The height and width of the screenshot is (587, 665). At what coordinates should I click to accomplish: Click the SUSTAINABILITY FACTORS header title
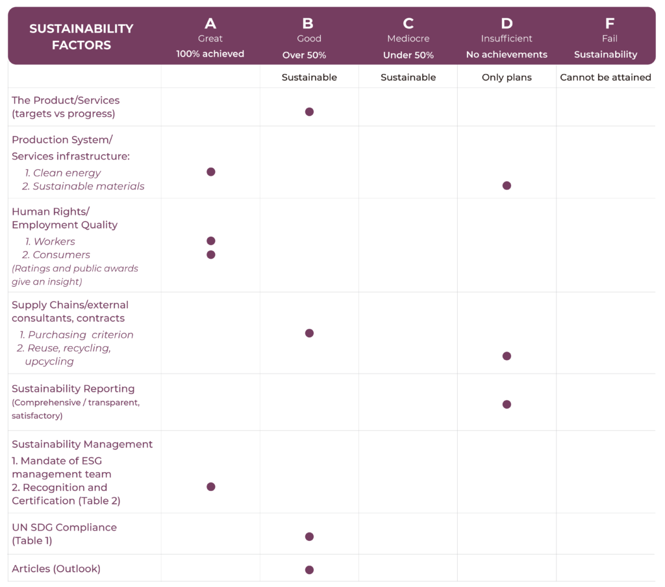click(81, 37)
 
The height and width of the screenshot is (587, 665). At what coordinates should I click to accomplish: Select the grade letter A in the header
click(210, 24)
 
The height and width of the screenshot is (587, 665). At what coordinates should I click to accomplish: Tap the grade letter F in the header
click(609, 24)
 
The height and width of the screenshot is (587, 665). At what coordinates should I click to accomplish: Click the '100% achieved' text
click(210, 54)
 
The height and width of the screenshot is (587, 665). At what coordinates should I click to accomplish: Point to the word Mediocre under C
click(408, 38)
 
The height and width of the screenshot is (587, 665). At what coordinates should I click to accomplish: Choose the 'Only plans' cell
click(507, 77)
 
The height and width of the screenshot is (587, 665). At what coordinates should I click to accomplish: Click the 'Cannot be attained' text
click(605, 77)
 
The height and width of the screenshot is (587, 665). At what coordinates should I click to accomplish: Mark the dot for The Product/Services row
click(309, 112)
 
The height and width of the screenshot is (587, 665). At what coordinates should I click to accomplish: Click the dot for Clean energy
click(210, 172)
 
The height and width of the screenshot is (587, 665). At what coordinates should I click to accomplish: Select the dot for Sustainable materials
click(507, 186)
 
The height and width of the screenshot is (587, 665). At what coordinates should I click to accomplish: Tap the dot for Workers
click(210, 241)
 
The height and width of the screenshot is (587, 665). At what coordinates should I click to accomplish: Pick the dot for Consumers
click(210, 254)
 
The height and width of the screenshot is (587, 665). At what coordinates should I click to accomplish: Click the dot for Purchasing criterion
click(309, 333)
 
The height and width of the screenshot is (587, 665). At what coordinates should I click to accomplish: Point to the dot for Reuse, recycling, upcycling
click(507, 356)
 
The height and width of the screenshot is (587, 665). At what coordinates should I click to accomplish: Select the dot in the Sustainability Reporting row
click(507, 404)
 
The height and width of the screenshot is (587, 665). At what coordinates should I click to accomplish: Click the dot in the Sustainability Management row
click(210, 486)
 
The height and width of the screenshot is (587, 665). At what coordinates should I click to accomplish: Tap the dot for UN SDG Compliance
click(309, 536)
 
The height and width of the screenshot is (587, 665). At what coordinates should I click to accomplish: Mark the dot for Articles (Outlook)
click(309, 569)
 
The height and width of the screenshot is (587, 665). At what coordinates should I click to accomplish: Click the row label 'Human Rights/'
click(51, 211)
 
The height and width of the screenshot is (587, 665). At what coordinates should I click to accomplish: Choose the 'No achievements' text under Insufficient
click(507, 54)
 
